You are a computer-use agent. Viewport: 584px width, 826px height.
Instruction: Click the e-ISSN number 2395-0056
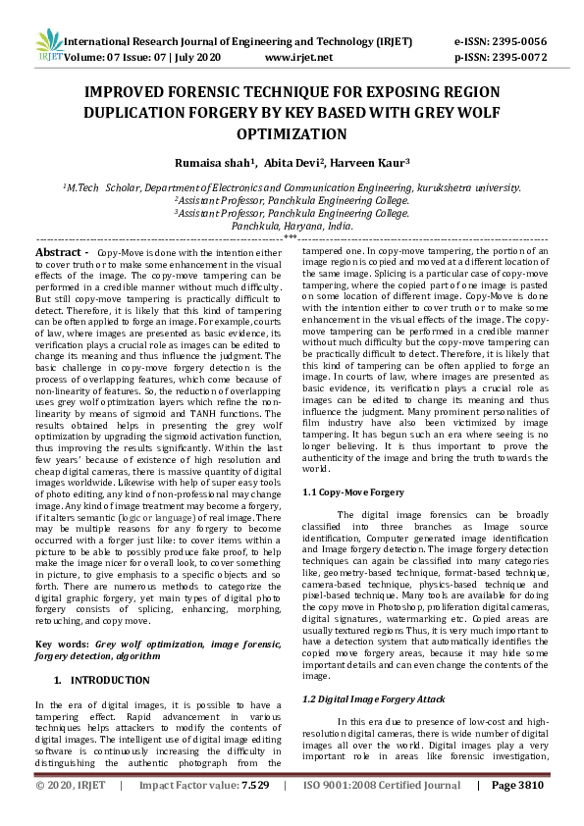(515, 43)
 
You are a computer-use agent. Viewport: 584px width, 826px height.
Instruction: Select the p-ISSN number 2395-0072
(515, 58)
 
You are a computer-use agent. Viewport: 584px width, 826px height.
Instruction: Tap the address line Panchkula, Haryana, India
(292, 225)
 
